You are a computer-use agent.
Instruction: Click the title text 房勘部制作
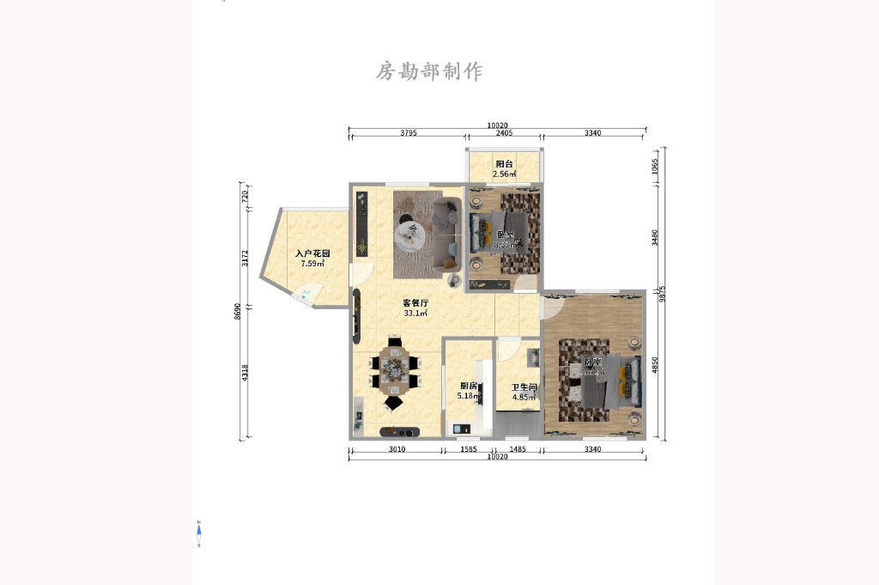[x=429, y=71]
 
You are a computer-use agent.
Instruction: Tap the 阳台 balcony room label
[x=505, y=164]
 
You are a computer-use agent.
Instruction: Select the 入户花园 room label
[x=312, y=254]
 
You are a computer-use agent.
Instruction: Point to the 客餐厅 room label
[x=416, y=302]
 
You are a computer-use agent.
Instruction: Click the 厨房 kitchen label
[x=469, y=386]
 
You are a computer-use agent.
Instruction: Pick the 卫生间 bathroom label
[x=524, y=387]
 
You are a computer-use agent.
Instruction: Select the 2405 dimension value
[x=505, y=133]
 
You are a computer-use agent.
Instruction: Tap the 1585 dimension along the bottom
[x=469, y=449]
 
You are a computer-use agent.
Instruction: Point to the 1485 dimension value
[x=518, y=449]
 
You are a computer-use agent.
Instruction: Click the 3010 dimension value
[x=397, y=449]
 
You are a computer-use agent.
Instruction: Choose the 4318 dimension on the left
[x=246, y=373]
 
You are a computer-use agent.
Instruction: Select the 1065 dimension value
[x=655, y=166]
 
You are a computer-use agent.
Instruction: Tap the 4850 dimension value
[x=655, y=365]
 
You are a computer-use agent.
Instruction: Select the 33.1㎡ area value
[x=416, y=314]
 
